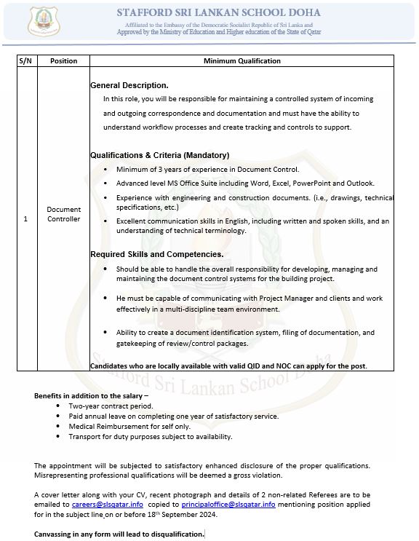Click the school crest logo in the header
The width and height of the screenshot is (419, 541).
[44, 23]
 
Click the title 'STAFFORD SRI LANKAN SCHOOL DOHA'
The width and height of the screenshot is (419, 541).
[218, 12]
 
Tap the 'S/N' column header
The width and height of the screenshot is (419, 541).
[26, 61]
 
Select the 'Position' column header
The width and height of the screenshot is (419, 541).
[63, 61]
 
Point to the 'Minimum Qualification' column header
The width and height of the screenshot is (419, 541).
[242, 61]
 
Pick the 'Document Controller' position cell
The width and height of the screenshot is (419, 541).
[63, 214]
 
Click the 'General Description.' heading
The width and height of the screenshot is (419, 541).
[129, 85]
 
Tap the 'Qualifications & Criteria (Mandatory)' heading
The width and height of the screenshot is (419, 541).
[159, 155]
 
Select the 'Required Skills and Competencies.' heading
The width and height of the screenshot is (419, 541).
[156, 254]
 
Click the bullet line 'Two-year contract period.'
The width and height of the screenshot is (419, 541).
[111, 406]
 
